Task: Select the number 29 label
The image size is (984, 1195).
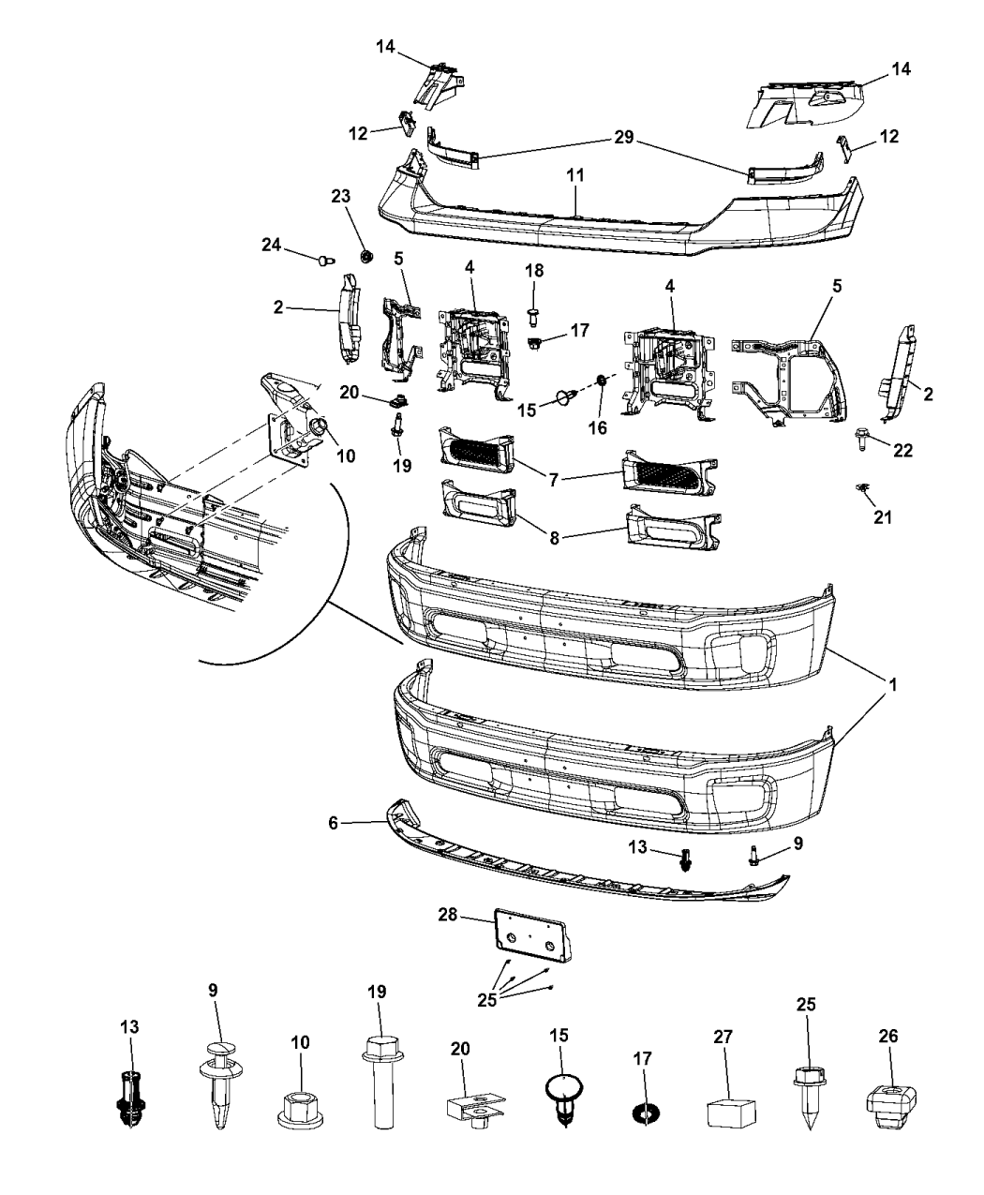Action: pos(623,138)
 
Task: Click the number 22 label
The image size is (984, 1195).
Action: pos(902,450)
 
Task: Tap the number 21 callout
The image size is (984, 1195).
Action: pos(883,516)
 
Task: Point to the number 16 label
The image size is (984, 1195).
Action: pos(597,427)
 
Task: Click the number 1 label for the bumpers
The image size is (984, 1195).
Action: pos(893,685)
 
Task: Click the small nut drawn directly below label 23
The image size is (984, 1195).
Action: pos(367,255)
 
